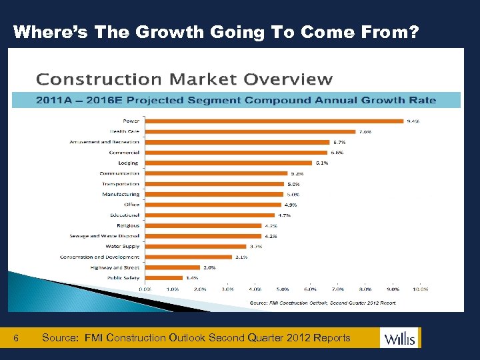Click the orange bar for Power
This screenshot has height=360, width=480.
274,121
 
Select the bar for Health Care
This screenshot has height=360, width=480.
249,131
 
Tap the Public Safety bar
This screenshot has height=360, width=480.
163,277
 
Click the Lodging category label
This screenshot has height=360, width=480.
128,163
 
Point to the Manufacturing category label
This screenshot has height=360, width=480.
121,194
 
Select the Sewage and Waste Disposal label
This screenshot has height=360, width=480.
105,236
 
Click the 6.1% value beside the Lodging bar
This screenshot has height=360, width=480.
322,163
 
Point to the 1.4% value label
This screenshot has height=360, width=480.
192,277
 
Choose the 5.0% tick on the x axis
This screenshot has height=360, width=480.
282,289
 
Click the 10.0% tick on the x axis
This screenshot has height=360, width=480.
420,289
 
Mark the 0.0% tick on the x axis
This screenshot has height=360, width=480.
145,289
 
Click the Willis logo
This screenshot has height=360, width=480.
400,338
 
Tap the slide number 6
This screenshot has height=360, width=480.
17,338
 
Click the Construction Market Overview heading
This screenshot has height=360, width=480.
184,79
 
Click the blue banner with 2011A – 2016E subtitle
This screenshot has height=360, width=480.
236,100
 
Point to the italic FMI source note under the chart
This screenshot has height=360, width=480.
323,302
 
